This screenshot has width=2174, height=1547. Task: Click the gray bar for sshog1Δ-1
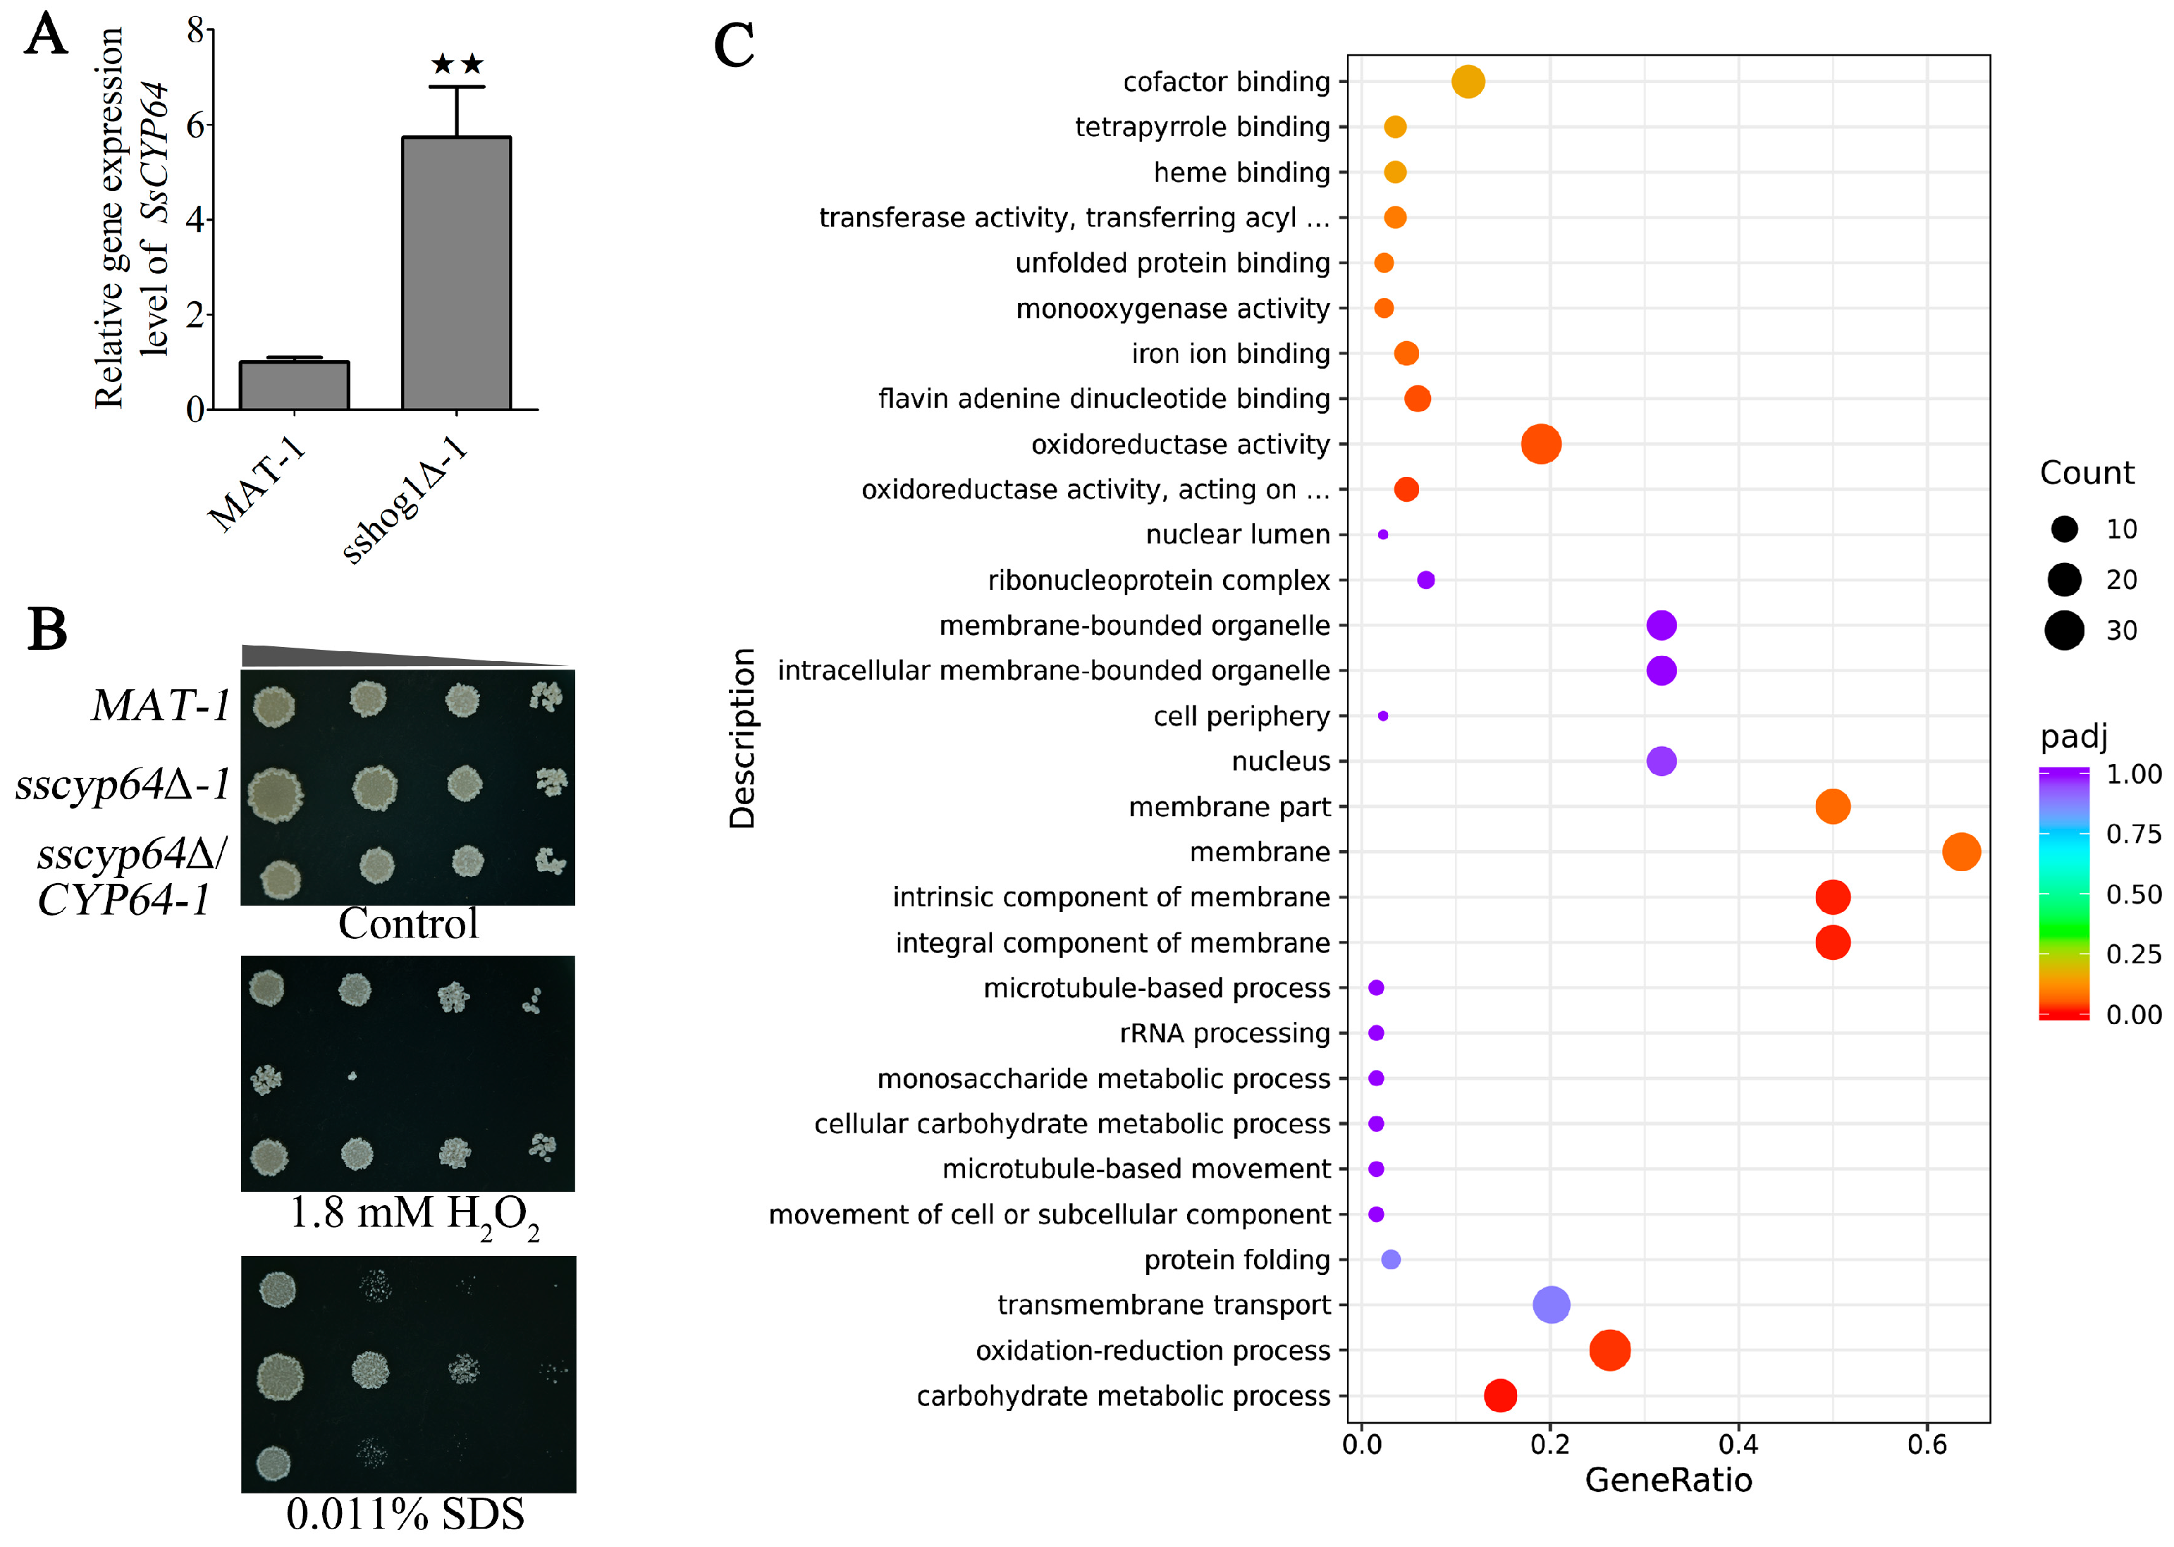(455, 273)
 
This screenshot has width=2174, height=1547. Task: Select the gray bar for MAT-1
(295, 386)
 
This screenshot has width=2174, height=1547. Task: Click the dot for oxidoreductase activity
(1540, 444)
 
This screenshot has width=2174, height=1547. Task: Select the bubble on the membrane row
(1960, 851)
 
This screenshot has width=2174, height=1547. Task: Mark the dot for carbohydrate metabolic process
(1501, 1395)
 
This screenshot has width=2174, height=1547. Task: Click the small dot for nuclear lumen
(1382, 534)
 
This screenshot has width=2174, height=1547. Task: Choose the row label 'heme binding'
(1241, 173)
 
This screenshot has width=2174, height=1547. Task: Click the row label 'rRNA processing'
(1224, 1033)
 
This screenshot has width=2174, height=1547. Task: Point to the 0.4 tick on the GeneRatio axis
(1738, 1444)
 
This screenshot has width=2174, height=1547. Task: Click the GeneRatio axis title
(1668, 1480)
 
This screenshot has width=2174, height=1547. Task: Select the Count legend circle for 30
(2063, 629)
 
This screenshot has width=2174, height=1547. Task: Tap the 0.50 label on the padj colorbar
(2133, 894)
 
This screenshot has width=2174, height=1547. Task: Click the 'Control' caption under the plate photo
(407, 924)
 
